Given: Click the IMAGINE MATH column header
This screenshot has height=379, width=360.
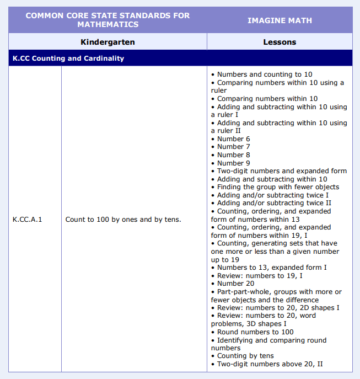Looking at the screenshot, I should (280, 20).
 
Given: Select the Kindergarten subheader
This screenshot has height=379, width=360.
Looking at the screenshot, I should (108, 42).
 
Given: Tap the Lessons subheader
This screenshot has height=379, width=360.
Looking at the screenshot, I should (280, 42).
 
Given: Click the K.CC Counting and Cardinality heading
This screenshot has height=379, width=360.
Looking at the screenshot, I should (68, 58).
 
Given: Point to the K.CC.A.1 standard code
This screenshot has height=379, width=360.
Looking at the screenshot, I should (27, 220).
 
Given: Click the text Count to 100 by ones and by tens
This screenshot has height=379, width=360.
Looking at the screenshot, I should (123, 220).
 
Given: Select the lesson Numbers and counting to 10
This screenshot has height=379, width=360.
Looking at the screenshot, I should (265, 74).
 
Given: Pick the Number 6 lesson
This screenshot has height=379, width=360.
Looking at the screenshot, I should (233, 139).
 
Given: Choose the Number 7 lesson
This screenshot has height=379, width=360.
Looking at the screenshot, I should (233, 147).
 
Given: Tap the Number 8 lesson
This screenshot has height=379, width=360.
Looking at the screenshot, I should (233, 155).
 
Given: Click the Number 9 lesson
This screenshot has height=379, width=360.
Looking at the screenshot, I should (233, 163).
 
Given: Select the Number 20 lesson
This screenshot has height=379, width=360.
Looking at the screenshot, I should (235, 284).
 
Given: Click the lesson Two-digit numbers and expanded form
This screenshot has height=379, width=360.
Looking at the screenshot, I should (282, 171).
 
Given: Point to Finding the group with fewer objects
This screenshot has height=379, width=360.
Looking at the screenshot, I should (278, 187).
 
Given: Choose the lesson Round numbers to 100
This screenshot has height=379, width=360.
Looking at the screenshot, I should (255, 332).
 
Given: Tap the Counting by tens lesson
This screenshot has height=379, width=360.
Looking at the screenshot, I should (245, 356).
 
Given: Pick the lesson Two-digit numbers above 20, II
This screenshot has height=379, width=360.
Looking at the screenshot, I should (270, 364).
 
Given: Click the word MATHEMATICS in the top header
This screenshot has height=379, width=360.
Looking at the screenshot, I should (108, 25).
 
